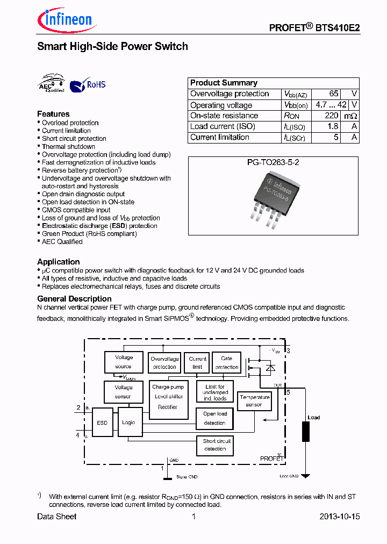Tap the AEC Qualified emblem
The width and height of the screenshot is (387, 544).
coord(51,84)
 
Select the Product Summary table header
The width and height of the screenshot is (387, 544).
coord(224,83)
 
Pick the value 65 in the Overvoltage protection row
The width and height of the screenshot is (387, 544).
coord(334,94)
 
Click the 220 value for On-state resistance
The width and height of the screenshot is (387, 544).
coord(332,116)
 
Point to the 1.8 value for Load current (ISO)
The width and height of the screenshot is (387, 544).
coord(333,126)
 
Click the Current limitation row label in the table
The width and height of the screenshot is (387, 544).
coord(220,137)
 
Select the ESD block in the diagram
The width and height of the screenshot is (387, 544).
coord(102,423)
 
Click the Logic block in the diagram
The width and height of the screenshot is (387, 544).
coord(128,423)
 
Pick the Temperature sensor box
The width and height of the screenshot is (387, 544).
coord(254,401)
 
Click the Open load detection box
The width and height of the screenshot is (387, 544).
coord(215,418)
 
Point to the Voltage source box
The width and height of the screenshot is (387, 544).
coord(124,362)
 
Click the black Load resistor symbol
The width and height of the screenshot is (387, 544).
coord(306,432)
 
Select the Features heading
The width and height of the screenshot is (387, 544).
coord(53,114)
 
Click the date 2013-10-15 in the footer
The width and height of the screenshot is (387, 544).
coord(339,517)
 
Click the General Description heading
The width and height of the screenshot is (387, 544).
coord(74,299)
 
